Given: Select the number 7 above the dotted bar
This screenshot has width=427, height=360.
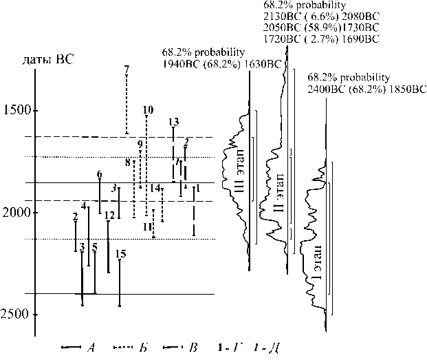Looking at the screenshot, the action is point(127,70).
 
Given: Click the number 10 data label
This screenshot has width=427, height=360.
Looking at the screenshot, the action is point(148,110).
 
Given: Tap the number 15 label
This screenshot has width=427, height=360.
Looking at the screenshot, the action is point(120,254).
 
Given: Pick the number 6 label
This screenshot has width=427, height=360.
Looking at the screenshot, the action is point(100,174).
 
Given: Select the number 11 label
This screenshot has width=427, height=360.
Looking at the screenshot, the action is point(147,226).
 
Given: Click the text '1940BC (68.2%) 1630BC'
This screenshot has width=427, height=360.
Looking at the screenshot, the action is point(222,64).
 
